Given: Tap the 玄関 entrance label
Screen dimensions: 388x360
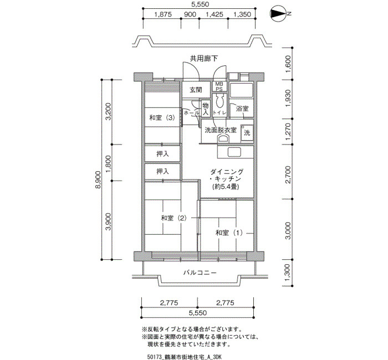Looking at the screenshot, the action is (196, 90).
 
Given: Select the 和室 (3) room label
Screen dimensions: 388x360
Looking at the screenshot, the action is (162, 117).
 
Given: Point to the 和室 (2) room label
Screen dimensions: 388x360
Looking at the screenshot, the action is (173, 218).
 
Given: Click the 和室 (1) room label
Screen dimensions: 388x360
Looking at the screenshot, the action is (229, 233).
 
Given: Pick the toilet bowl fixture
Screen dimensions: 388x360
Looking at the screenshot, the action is (219, 101).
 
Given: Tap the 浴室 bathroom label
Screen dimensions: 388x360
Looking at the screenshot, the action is (242, 109).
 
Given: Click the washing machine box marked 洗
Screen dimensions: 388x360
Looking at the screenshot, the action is (247, 133).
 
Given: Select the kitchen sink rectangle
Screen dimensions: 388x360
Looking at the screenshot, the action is (234, 152).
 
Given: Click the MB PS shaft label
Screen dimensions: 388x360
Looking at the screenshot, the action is (219, 86).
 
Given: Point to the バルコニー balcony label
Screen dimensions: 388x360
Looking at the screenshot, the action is (200, 272).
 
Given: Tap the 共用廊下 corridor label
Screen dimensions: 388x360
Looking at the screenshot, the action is (204, 59).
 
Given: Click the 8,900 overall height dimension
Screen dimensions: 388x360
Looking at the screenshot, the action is (98, 179).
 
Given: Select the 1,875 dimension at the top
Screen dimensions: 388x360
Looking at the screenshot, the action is (163, 14).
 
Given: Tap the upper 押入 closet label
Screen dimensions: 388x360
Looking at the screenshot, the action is (162, 154).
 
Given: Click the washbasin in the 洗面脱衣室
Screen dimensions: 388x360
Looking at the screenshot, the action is (224, 138).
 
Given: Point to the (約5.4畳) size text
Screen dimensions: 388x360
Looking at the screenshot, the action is (226, 187).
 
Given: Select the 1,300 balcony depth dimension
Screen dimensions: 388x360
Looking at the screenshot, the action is (288, 272).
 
